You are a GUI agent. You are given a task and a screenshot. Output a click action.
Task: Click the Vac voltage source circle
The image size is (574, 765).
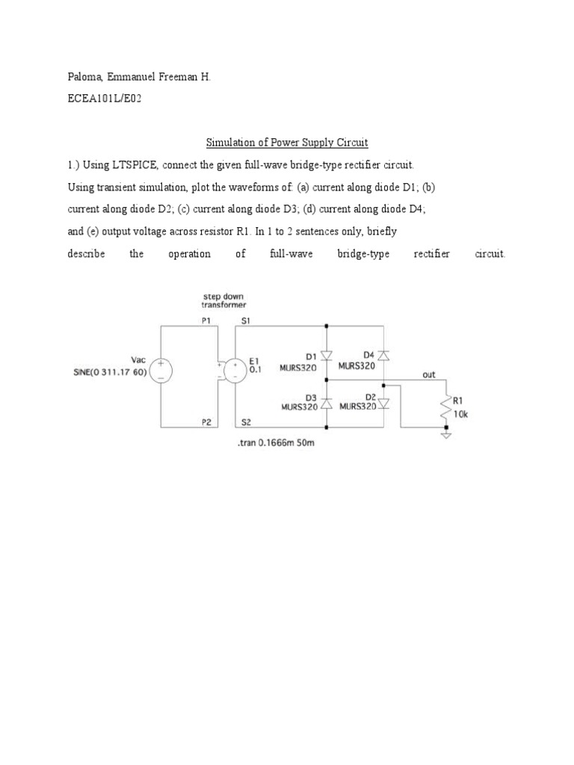pyautogui.click(x=161, y=371)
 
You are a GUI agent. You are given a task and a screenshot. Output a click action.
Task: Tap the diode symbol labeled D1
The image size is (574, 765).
pyautogui.click(x=327, y=355)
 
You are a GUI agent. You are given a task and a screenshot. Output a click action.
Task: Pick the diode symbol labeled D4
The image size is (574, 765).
pyautogui.click(x=383, y=355)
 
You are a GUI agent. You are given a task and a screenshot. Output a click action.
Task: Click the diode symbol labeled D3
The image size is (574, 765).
pyautogui.click(x=327, y=403)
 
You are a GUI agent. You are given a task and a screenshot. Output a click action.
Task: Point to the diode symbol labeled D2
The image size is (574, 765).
pyautogui.click(x=383, y=403)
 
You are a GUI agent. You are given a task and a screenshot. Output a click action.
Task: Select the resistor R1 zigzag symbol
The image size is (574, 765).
pyautogui.click(x=447, y=408)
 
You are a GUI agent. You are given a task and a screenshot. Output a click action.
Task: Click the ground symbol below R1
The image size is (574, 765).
pyautogui.click(x=447, y=433)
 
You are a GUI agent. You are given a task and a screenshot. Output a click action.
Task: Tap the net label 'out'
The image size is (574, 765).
pyautogui.click(x=428, y=375)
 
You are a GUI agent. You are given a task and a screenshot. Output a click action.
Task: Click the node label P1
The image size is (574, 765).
pyautogui.click(x=206, y=320)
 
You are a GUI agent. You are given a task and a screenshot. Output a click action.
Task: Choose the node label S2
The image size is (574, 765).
pyautogui.click(x=247, y=422)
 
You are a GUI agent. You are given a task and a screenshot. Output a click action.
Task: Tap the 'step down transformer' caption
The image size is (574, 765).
pyautogui.click(x=224, y=300)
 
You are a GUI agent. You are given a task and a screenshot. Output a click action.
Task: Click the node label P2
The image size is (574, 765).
pyautogui.click(x=206, y=422)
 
